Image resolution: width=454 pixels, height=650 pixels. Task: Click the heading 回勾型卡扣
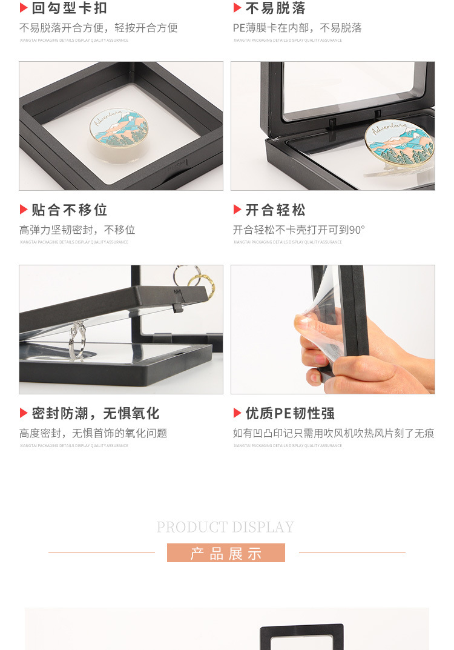click(x=69, y=8)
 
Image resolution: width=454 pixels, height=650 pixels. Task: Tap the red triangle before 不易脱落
click(x=237, y=8)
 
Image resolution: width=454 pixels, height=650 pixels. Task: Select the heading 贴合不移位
click(x=69, y=210)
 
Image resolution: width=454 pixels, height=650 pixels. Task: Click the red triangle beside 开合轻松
click(x=237, y=210)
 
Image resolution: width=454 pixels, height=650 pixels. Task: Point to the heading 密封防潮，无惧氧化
click(x=95, y=413)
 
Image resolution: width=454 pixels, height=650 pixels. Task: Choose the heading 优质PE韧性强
click(x=289, y=413)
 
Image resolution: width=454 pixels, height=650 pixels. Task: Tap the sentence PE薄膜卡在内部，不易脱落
click(x=297, y=28)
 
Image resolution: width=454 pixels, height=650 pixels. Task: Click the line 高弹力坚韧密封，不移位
click(x=77, y=230)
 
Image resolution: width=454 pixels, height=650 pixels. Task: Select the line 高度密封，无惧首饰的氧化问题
click(x=93, y=434)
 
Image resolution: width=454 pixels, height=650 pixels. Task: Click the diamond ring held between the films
click(x=76, y=339)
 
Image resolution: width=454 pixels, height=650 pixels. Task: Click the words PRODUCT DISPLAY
click(x=225, y=527)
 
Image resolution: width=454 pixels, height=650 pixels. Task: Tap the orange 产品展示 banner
click(x=226, y=553)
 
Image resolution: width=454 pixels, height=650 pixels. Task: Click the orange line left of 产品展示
click(x=101, y=552)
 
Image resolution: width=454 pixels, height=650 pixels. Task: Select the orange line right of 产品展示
click(x=352, y=552)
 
